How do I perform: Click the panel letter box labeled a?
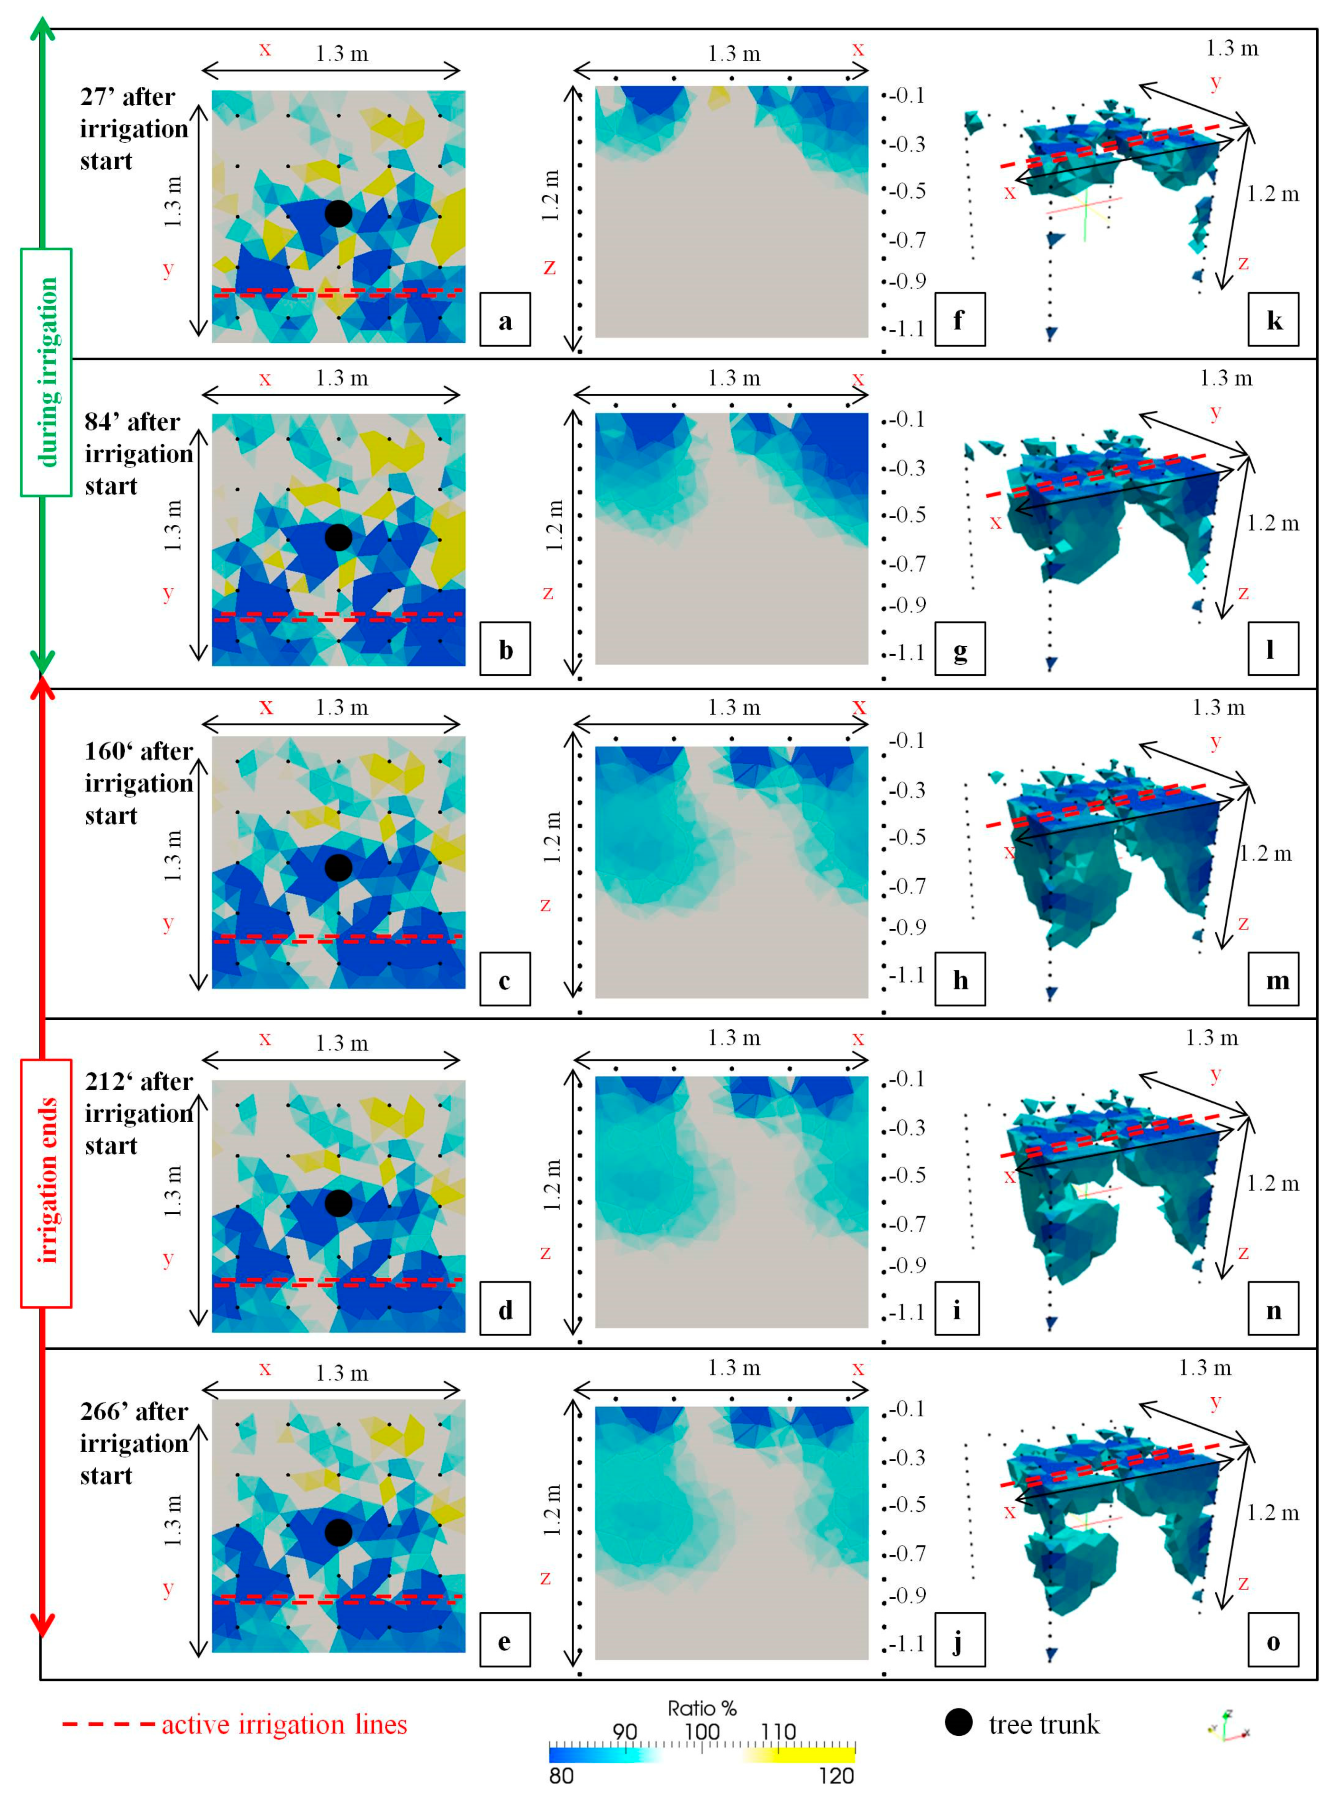click(x=505, y=320)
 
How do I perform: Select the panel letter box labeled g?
click(x=960, y=650)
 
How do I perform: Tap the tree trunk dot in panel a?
click(x=338, y=213)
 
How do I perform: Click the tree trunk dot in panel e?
click(x=338, y=1531)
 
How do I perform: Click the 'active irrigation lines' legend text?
click(x=284, y=1724)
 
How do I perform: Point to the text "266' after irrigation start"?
click(x=134, y=1443)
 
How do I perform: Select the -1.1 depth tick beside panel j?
click(x=908, y=1643)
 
